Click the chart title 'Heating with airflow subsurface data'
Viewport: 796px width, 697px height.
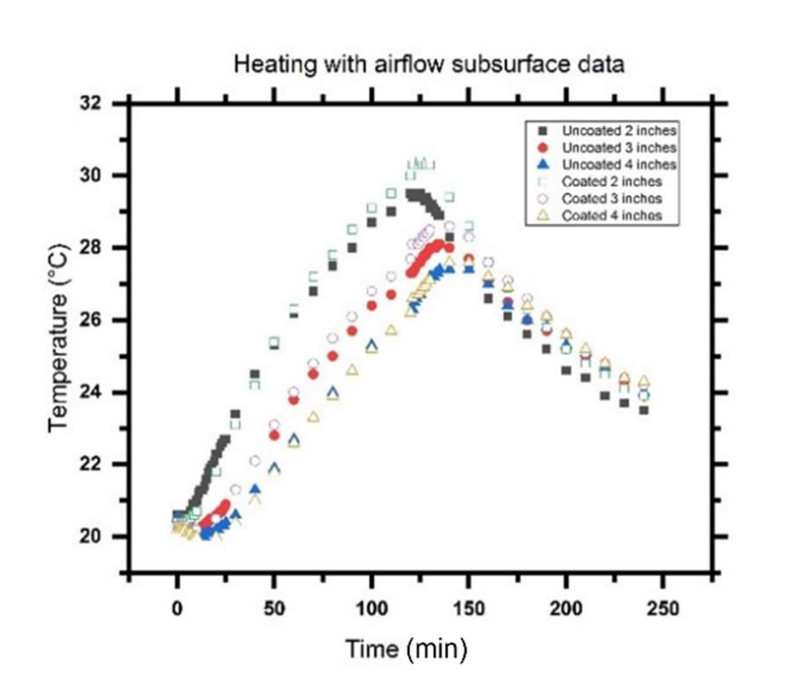[429, 65]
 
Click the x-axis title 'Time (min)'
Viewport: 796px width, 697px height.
[406, 648]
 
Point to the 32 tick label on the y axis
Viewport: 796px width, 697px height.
[90, 103]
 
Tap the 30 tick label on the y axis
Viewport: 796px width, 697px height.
[90, 176]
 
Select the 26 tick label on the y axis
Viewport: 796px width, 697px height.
[90, 320]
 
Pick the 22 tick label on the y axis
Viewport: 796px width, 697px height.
[90, 464]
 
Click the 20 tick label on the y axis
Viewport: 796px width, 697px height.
[90, 536]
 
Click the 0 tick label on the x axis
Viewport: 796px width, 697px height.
[177, 608]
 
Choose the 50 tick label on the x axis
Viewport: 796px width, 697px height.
[274, 608]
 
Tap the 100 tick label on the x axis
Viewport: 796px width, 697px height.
[371, 608]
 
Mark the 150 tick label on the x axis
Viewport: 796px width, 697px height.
[468, 608]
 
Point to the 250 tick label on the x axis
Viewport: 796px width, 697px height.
[663, 608]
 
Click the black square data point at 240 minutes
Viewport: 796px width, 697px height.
[644, 410]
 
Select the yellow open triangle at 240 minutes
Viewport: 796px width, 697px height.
[644, 381]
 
